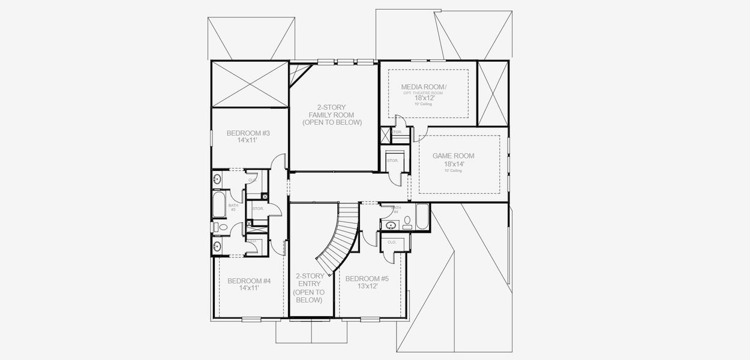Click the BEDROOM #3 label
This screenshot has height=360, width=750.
coord(248,133)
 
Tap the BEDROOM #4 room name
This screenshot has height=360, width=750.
coord(249,281)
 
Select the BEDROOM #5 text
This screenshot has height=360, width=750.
coord(367,278)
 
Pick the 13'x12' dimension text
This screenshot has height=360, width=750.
coord(367,286)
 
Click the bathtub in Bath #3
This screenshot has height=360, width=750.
coord(218,205)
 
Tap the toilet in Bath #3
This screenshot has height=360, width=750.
coord(220,227)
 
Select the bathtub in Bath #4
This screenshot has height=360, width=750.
coord(422,217)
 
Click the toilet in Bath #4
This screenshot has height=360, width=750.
coord(407,222)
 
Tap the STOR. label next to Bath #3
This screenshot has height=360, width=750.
coord(258,208)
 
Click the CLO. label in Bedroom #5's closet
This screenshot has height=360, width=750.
coord(392,242)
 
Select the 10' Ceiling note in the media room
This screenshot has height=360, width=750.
coord(422,104)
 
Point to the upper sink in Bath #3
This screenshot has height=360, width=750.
coord(217,179)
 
